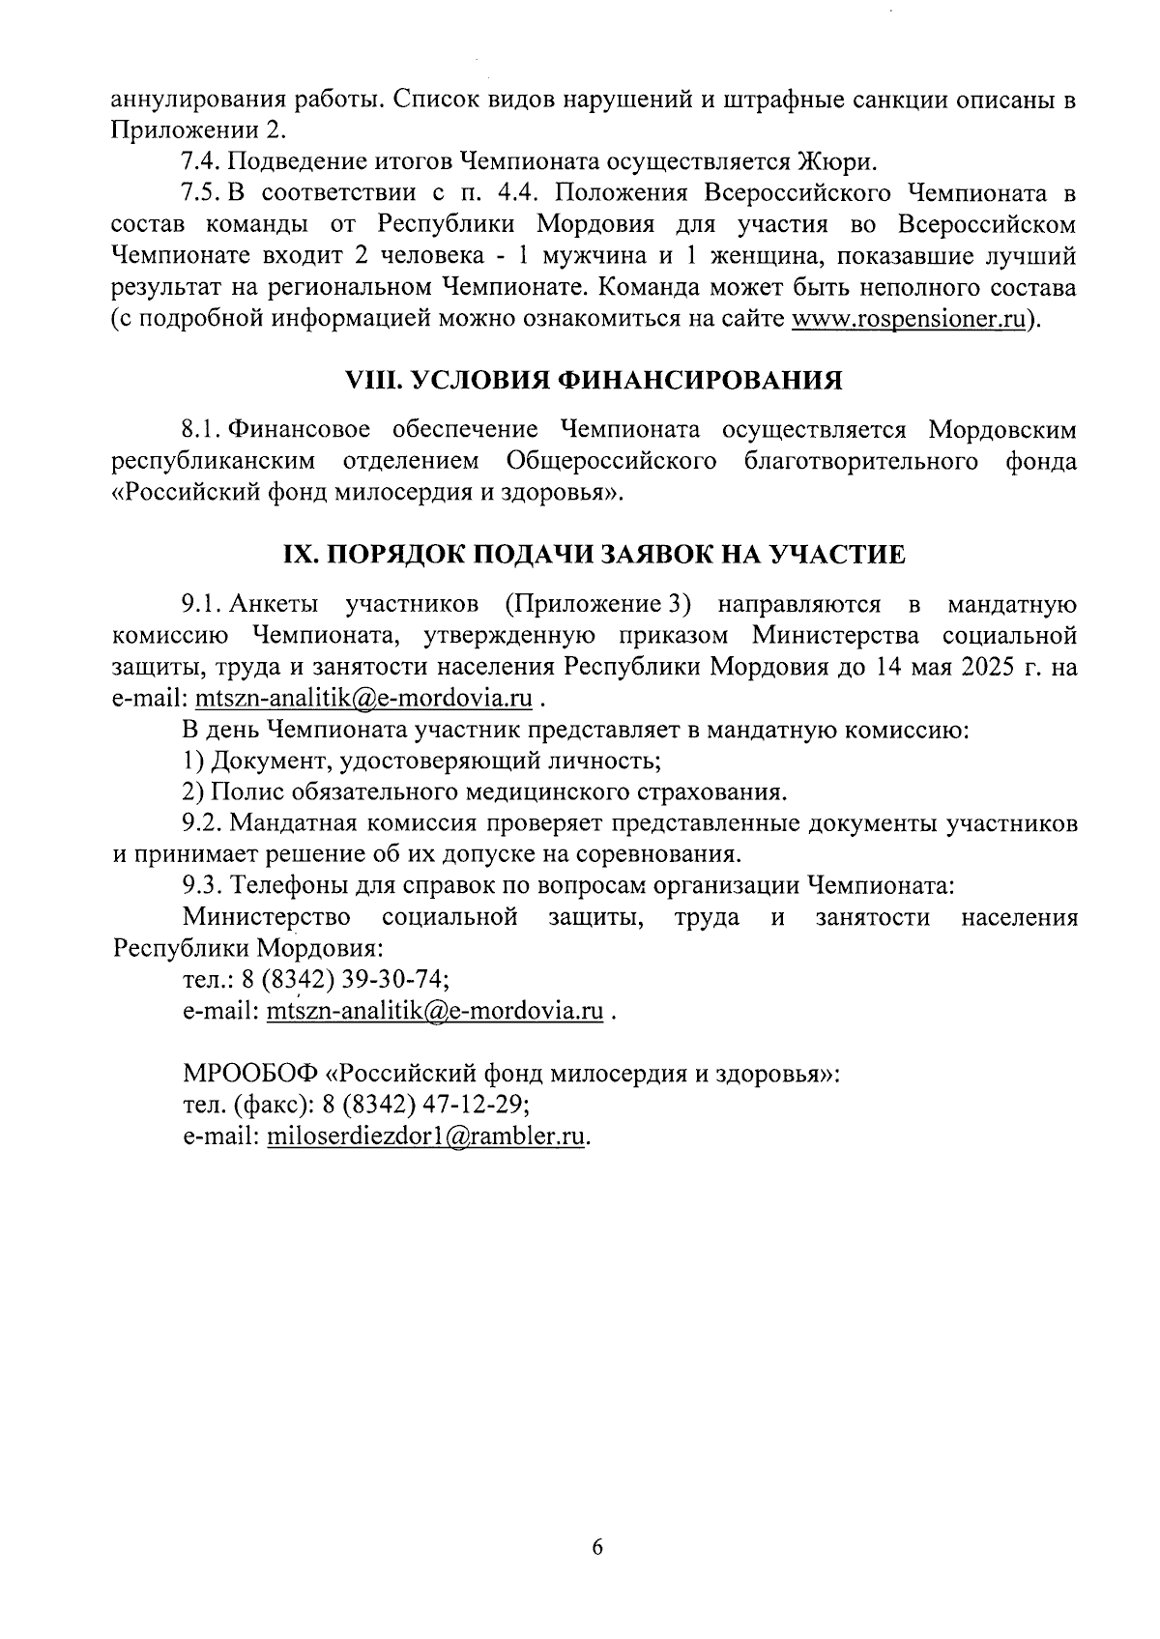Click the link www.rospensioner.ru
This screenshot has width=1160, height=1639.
(x=907, y=321)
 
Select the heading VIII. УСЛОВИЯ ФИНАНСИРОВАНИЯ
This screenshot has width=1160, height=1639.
(x=594, y=381)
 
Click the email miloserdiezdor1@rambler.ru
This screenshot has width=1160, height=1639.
(x=426, y=1136)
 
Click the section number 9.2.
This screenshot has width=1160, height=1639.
(x=203, y=823)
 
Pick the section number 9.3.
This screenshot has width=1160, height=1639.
(x=203, y=885)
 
